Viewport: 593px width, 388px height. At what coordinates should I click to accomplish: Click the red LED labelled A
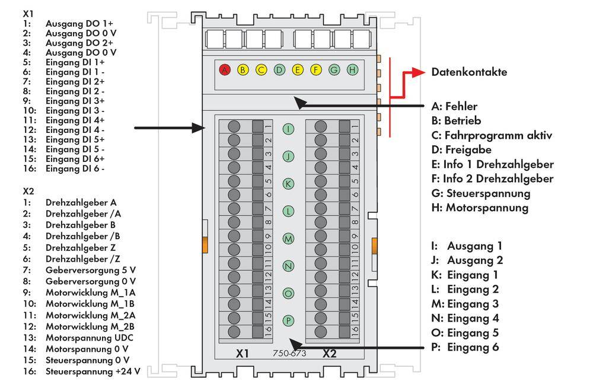tap(224, 70)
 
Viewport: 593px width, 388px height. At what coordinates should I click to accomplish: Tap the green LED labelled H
tap(352, 70)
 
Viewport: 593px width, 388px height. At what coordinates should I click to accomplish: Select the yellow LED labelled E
tap(298, 70)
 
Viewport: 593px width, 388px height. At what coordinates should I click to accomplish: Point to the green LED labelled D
tap(279, 70)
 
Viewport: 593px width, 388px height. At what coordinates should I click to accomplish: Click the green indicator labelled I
tap(288, 129)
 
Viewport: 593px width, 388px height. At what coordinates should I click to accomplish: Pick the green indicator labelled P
tap(288, 320)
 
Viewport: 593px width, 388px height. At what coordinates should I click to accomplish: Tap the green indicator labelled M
tap(288, 238)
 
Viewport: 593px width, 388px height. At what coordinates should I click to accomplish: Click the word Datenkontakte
tap(468, 72)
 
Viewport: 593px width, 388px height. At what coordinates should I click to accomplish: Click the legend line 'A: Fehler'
tap(455, 107)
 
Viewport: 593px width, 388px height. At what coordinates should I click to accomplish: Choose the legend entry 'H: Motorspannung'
tap(479, 208)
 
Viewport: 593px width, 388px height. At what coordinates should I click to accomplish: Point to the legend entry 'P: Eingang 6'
tap(466, 347)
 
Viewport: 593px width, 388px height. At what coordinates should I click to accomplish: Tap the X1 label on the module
tap(241, 354)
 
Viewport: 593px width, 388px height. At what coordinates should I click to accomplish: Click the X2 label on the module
tap(329, 354)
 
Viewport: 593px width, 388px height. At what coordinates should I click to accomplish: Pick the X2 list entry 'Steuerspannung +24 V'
tap(93, 371)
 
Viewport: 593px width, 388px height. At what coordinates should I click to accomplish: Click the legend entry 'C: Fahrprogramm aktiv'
tap(492, 135)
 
